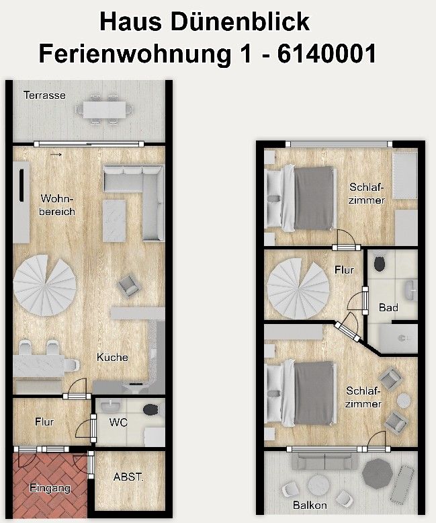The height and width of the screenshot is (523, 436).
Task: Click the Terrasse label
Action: (x=44, y=95)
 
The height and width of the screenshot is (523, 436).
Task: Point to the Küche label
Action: (x=112, y=357)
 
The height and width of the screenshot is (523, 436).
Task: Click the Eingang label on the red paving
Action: (x=50, y=489)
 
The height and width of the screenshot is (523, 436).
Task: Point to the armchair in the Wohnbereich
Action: (x=127, y=287)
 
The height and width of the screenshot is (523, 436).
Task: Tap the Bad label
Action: (x=388, y=308)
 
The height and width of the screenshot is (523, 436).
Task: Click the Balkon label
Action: (x=310, y=505)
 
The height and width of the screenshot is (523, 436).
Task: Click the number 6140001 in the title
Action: (x=318, y=52)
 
